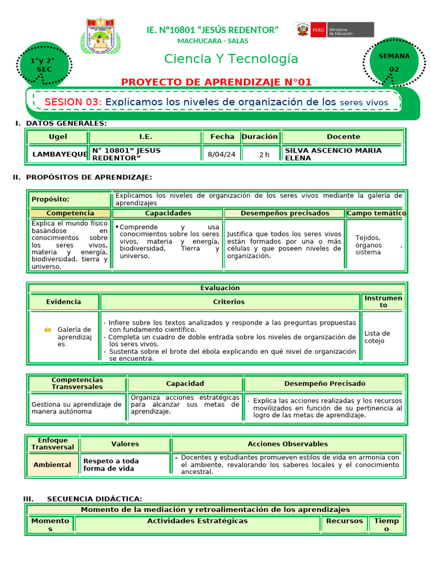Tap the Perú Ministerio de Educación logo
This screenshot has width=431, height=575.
point(334,30)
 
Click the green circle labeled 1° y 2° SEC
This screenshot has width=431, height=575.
point(44,65)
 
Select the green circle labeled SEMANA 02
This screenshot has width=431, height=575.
point(394,62)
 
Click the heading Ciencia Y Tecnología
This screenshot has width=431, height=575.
point(231,59)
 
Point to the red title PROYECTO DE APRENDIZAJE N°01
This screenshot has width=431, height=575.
point(216,83)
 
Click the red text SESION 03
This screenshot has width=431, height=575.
point(72,102)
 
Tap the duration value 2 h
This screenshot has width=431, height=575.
point(264,154)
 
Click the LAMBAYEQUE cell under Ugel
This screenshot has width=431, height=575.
point(59,154)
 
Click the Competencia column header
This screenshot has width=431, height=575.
point(70,213)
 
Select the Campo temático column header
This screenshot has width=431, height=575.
point(377,213)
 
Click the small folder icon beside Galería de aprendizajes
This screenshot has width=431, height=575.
point(48,330)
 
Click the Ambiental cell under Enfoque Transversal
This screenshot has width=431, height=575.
point(52,465)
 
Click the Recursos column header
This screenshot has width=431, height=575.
point(345,521)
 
